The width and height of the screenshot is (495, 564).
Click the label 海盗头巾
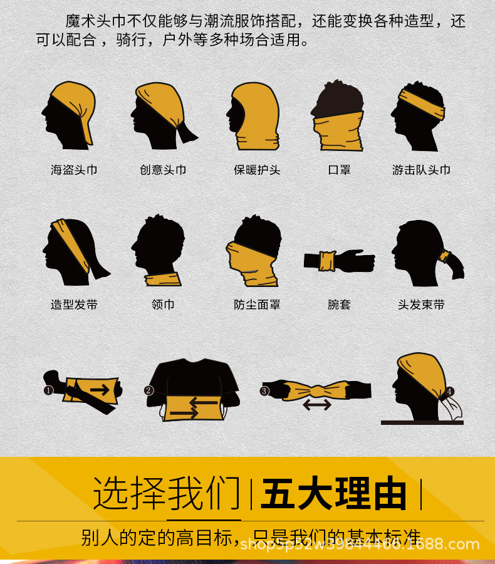pyautogui.click(x=74, y=170)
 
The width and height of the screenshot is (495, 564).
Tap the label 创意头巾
pyautogui.click(x=163, y=170)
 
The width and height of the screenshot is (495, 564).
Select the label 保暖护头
pyautogui.click(x=257, y=170)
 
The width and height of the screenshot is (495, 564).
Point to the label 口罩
pyautogui.click(x=339, y=170)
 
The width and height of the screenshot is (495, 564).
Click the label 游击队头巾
pyautogui.click(x=421, y=170)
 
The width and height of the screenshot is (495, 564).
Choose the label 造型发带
pyautogui.click(x=74, y=305)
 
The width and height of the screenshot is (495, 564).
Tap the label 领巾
pyautogui.click(x=163, y=305)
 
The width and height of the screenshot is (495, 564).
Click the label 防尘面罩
pyautogui.click(x=257, y=305)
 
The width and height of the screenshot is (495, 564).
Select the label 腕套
pyautogui.click(x=339, y=305)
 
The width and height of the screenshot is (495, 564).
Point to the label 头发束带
pyautogui.click(x=421, y=305)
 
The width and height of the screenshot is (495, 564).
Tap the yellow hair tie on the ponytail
pyautogui.click(x=445, y=256)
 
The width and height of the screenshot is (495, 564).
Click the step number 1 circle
pyautogui.click(x=48, y=390)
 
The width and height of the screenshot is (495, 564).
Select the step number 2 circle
pyautogui.click(x=148, y=390)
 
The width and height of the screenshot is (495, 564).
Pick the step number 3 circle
pyautogui.click(x=264, y=391)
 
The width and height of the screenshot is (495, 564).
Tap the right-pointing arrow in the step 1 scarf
pyautogui.click(x=100, y=389)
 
